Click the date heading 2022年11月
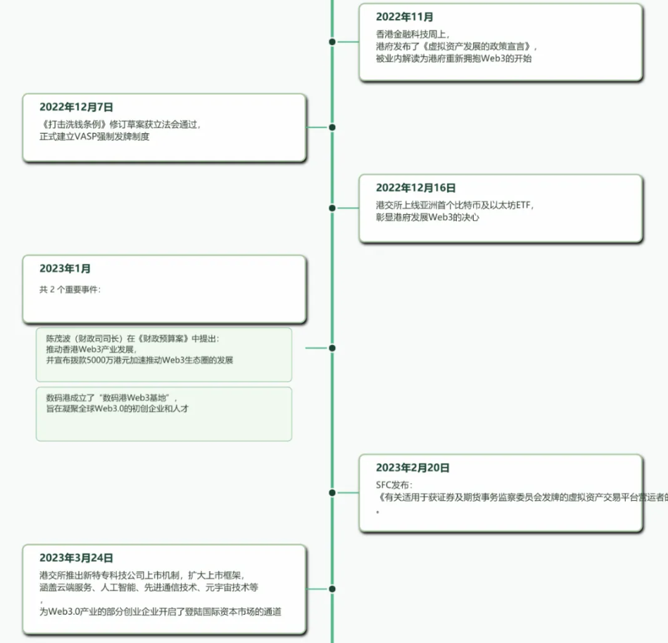click(x=405, y=17)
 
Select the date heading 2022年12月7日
click(x=76, y=107)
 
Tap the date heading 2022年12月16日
click(x=415, y=188)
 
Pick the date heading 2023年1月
click(x=65, y=268)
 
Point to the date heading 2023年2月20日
click(x=412, y=468)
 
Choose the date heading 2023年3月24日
click(x=76, y=558)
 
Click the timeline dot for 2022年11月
click(x=332, y=42)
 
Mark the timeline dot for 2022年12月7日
click(x=332, y=127)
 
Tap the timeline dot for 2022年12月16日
click(x=332, y=208)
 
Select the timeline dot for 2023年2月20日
click(x=332, y=493)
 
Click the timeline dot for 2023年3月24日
click(x=332, y=589)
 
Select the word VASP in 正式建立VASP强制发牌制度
click(x=84, y=137)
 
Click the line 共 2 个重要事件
click(x=70, y=289)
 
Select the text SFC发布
click(x=393, y=485)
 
